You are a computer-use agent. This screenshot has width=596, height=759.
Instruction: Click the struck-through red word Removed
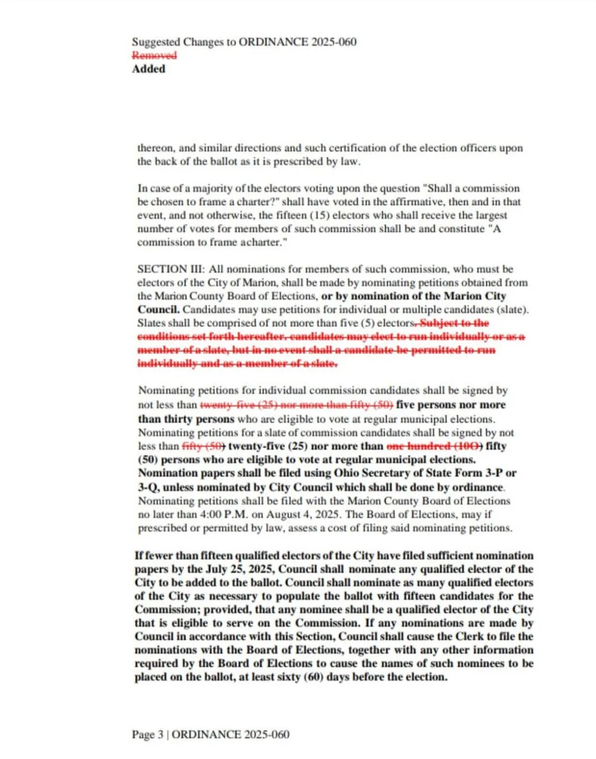point(154,55)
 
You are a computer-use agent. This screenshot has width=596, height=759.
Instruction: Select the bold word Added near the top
point(148,69)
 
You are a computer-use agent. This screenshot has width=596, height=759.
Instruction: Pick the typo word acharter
point(262,242)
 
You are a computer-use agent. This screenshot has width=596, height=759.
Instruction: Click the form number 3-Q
point(148,487)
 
